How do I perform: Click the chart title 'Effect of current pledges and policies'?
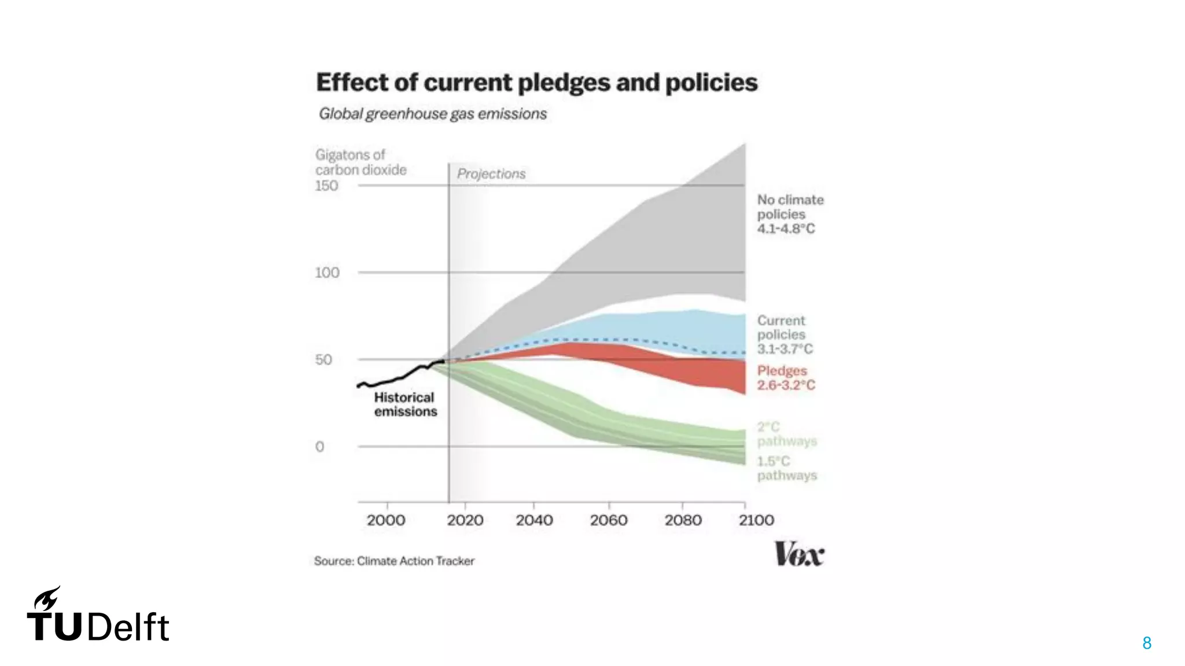[x=536, y=83]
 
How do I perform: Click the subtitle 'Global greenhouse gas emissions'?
[x=433, y=114]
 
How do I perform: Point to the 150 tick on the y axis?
[x=326, y=186]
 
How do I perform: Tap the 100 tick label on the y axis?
[x=327, y=273]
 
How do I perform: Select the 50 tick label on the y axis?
[x=323, y=359]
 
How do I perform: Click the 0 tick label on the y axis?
[x=319, y=447]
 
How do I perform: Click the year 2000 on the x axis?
[x=386, y=520]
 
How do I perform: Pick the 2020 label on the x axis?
[x=465, y=520]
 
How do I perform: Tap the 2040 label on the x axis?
[x=534, y=520]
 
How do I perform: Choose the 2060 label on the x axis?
[x=609, y=520]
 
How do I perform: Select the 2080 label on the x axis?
[x=683, y=520]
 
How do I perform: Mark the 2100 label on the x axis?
[x=756, y=520]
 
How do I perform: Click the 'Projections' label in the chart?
[x=491, y=174]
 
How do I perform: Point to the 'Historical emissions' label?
[x=405, y=404]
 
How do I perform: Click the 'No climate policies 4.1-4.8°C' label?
[x=790, y=214]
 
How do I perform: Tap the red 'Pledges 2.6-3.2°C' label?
[x=786, y=378]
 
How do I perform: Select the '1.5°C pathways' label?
[x=787, y=468]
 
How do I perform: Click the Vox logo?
[x=799, y=554]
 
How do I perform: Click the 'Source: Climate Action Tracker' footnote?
[x=394, y=561]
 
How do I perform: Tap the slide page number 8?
[x=1147, y=643]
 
